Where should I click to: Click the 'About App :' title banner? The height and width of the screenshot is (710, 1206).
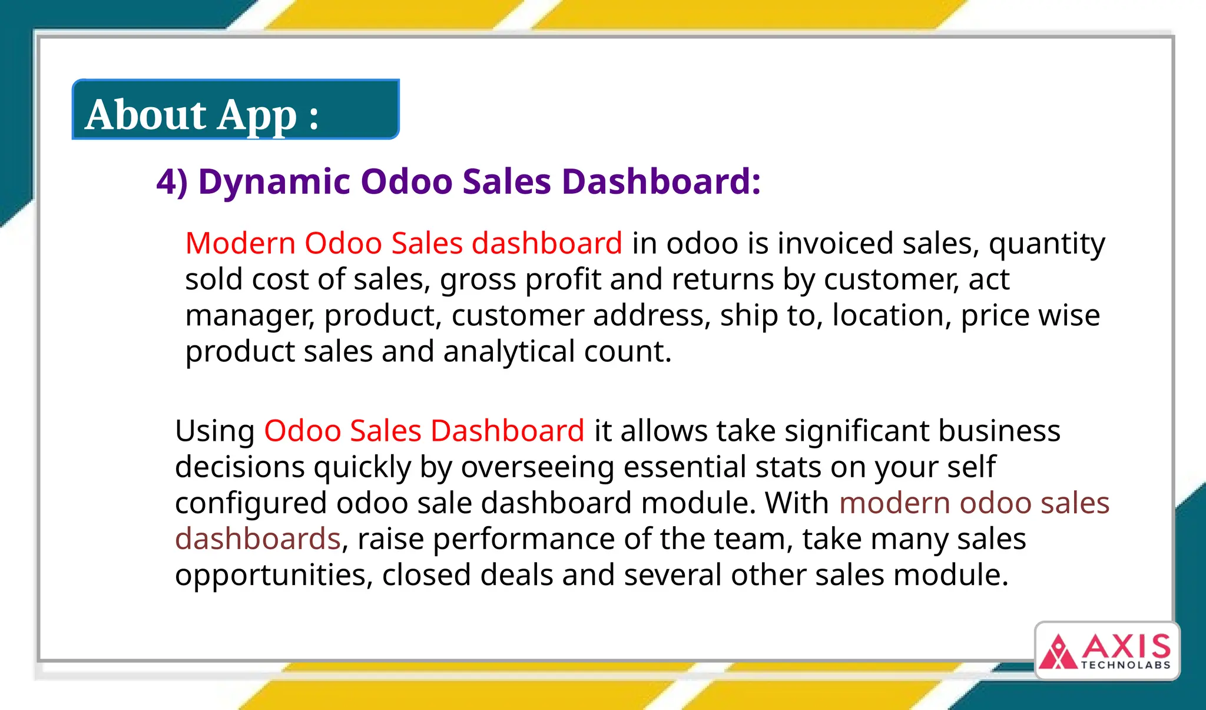click(x=236, y=110)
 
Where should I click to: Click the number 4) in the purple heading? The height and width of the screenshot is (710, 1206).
click(x=172, y=181)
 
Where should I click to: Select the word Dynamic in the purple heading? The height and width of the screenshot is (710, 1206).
click(x=274, y=181)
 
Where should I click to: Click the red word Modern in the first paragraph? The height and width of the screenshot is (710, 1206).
click(x=240, y=243)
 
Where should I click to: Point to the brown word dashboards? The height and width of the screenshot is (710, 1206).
click(x=258, y=539)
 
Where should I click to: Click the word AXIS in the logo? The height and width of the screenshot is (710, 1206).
click(x=1126, y=647)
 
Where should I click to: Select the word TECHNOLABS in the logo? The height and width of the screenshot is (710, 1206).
click(x=1125, y=665)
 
